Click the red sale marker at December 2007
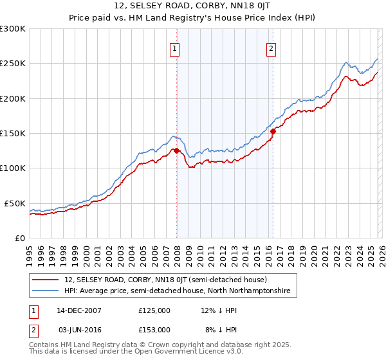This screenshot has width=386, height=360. click(176, 151)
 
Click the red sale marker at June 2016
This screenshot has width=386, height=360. click(273, 131)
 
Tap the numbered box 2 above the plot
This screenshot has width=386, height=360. click(271, 48)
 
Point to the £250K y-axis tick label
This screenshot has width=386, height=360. click(13, 64)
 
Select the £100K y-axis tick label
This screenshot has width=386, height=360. click(13, 168)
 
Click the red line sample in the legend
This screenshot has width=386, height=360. click(46, 280)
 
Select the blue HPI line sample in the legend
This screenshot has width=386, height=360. click(46, 291)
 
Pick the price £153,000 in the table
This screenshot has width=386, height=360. click(154, 329)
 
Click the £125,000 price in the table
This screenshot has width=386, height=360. click(154, 310)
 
